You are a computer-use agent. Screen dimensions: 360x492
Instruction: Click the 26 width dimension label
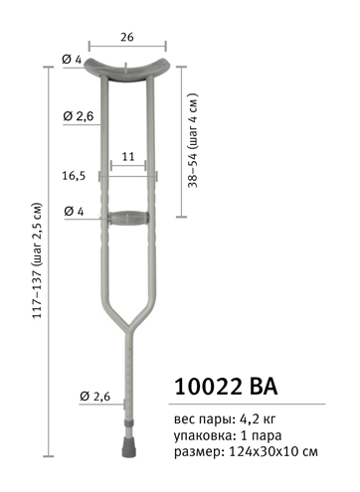coord(127,37)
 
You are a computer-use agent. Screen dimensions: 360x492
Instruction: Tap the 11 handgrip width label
coord(128,156)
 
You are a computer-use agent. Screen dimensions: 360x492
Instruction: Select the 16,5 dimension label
coord(74,176)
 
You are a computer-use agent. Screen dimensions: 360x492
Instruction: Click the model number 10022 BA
coord(226,386)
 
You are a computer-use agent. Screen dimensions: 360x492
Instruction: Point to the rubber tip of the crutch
coord(128,447)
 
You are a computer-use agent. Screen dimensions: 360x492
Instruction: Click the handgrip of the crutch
coord(128,219)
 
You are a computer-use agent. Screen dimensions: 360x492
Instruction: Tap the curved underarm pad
coord(127,69)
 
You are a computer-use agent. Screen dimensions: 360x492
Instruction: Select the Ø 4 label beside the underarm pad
coord(72,60)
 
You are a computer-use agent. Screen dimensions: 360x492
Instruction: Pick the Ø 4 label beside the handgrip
coord(74,211)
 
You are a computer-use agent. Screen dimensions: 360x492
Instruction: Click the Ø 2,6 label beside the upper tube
coord(79,116)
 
